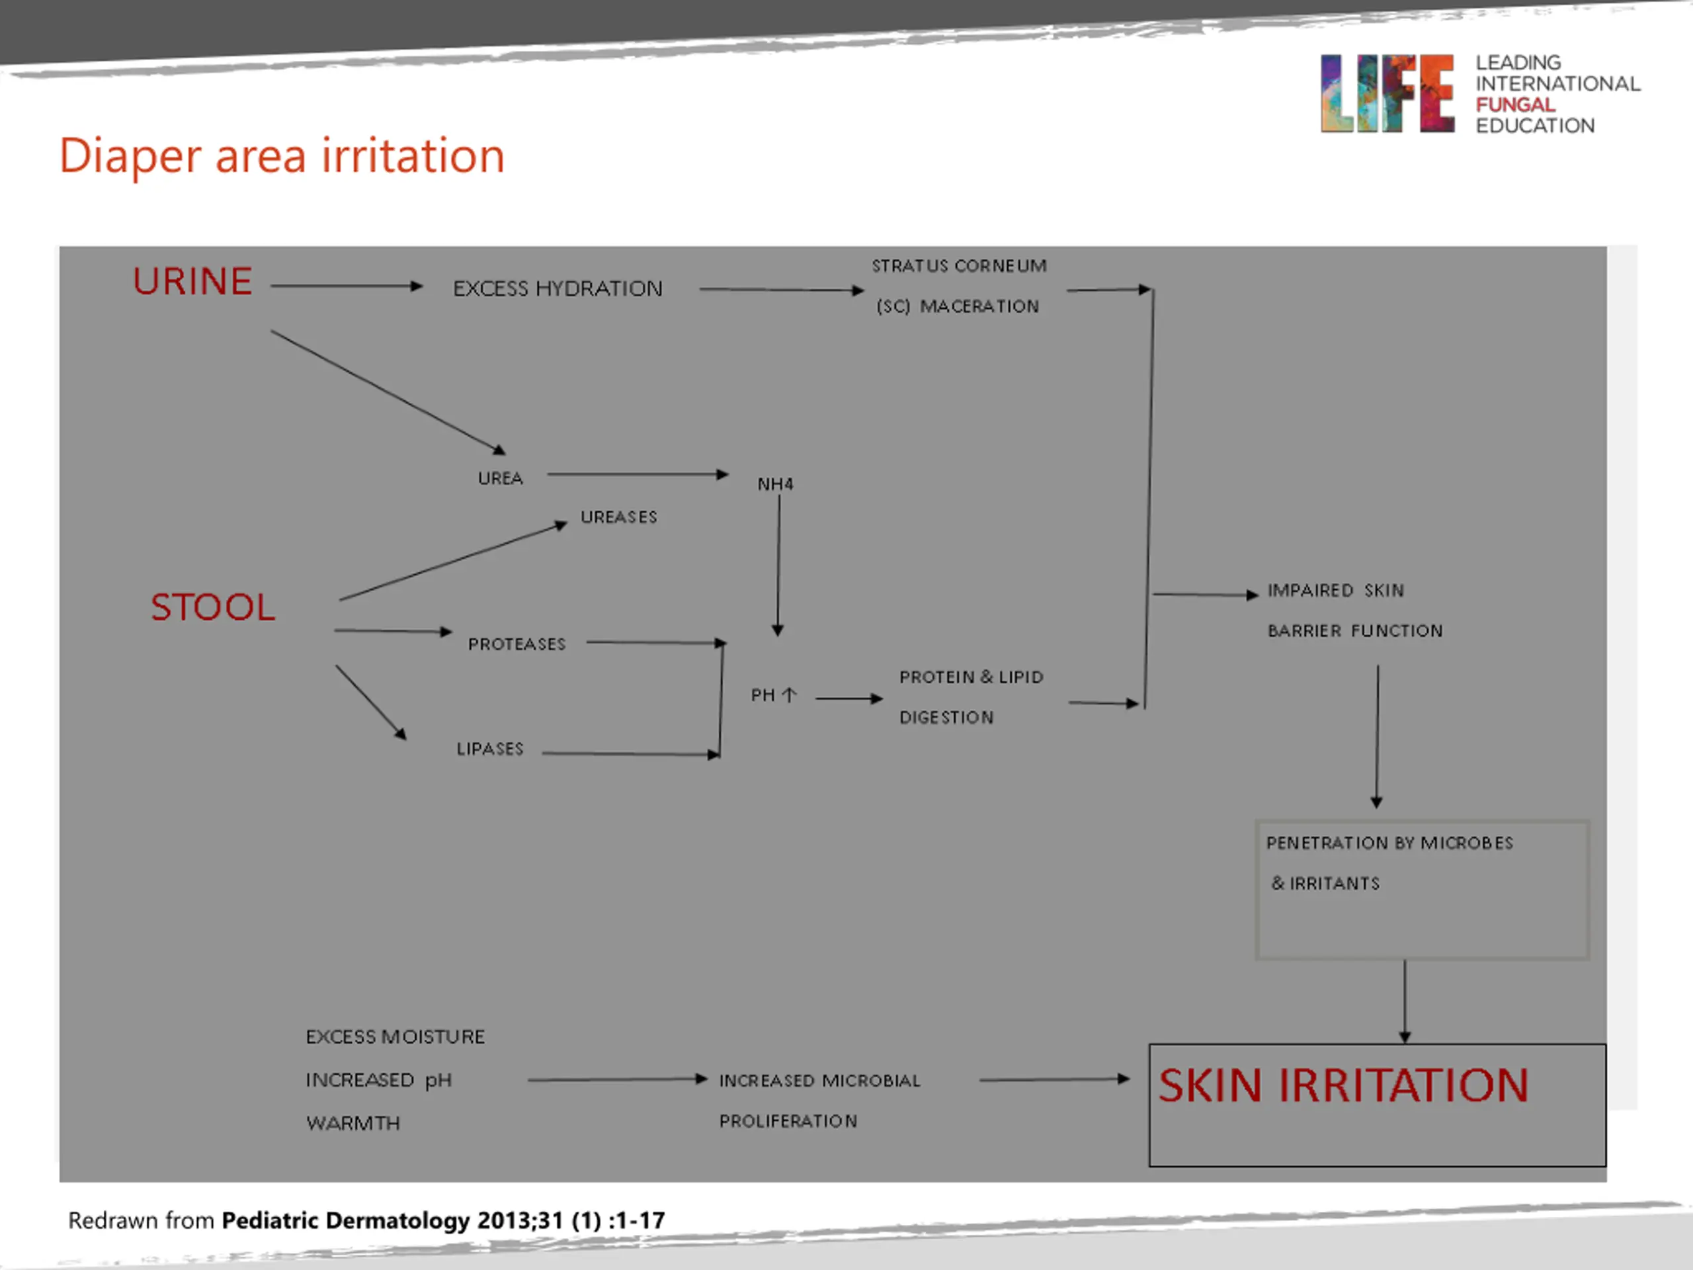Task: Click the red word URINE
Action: click(x=192, y=282)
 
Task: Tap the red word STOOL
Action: click(x=212, y=608)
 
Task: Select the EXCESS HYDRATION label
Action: click(x=557, y=288)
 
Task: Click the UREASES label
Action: click(x=618, y=517)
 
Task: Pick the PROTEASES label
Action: click(x=516, y=644)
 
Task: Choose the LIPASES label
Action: click(x=490, y=749)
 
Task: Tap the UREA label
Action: click(x=500, y=478)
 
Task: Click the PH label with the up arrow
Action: click(x=773, y=695)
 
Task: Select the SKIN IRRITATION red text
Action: click(x=1342, y=1085)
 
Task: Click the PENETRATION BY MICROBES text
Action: click(x=1389, y=843)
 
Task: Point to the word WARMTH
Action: click(x=353, y=1123)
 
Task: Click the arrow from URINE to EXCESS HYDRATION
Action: click(x=346, y=286)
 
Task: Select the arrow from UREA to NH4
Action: click(x=637, y=475)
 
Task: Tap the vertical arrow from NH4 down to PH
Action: click(x=778, y=566)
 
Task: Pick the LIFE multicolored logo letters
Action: click(x=1386, y=93)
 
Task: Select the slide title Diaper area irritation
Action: click(x=282, y=156)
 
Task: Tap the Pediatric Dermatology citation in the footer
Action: click(x=443, y=1220)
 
